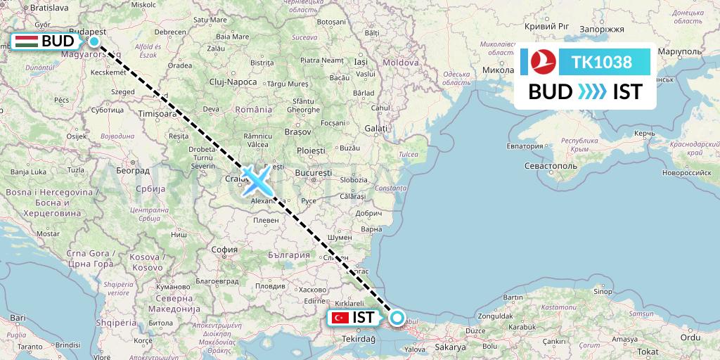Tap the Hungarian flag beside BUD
[25, 41]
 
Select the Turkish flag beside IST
[340, 318]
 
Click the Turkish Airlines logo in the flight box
[544, 62]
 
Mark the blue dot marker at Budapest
[94, 41]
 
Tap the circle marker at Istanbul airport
[397, 318]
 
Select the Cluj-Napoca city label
[232, 82]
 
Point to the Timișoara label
[157, 113]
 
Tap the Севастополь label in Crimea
[550, 166]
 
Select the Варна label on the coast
[371, 229]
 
